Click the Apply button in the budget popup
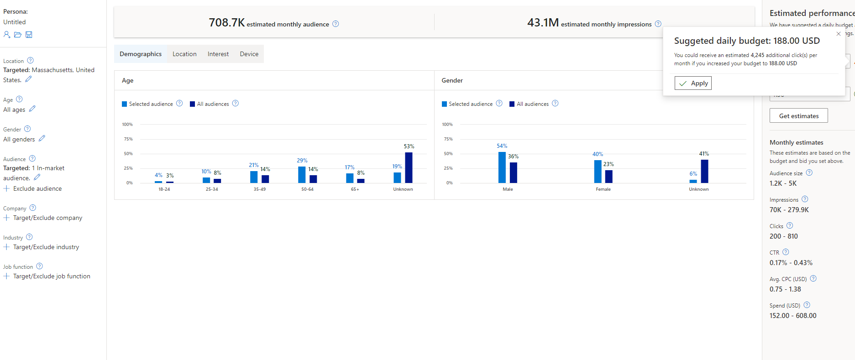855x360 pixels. point(693,83)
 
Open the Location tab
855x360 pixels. point(184,54)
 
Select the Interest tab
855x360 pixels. point(218,54)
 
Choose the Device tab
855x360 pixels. point(249,54)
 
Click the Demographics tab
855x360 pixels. point(141,54)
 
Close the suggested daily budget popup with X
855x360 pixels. point(839,34)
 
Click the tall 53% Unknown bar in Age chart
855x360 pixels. point(409,167)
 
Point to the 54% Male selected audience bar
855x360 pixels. point(502,167)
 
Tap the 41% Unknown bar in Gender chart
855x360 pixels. point(704,171)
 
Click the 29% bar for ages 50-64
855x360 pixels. point(302,175)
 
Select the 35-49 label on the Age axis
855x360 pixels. point(259,189)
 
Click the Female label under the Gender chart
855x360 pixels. point(603,189)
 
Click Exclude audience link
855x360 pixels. point(37,188)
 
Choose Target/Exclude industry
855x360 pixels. point(46,247)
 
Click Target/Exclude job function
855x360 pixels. point(52,276)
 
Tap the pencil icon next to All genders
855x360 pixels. point(42,138)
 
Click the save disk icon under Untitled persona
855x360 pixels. point(29,35)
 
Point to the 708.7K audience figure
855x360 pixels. point(226,23)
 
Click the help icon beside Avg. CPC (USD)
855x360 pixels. point(813,278)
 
